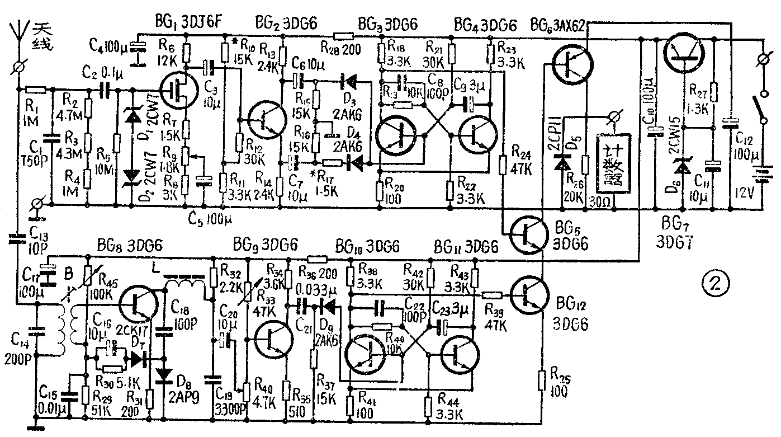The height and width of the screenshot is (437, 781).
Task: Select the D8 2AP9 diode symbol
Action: point(164,374)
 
